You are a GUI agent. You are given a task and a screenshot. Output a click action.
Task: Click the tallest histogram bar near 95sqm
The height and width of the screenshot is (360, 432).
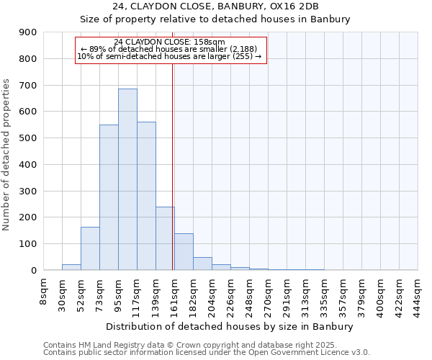(127, 180)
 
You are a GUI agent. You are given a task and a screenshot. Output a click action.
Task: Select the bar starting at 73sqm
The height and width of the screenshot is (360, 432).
(109, 198)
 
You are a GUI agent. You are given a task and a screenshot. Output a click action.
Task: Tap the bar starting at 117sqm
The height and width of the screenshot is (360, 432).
(146, 196)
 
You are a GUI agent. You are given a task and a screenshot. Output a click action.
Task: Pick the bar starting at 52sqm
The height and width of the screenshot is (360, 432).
(90, 248)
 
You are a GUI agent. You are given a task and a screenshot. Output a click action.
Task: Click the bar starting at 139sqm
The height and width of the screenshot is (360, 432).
(165, 238)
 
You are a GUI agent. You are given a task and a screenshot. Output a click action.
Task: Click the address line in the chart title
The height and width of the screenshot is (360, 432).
(215, 6)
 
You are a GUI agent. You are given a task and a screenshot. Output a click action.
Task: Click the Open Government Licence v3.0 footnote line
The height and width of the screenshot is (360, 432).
(206, 353)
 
